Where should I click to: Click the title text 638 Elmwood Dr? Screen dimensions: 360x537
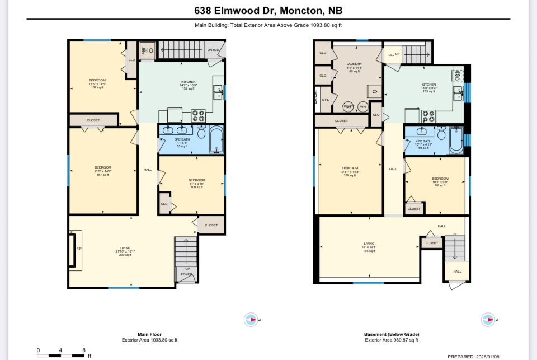(268, 10)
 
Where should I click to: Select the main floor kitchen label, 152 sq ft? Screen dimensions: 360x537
(180, 85)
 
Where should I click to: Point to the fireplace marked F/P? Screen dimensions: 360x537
(72, 249)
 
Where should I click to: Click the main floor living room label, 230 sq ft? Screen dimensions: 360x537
(125, 251)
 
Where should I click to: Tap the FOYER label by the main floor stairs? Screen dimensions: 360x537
(186, 274)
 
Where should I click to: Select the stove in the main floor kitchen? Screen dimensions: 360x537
(198, 115)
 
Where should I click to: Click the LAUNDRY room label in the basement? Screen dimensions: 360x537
(354, 67)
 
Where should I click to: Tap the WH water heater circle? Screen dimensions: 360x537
(363, 106)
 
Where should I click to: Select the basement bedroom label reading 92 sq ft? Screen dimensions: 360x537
(440, 181)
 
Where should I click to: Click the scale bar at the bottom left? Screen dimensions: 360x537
(60, 355)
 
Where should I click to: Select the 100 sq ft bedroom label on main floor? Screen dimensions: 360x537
(197, 183)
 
